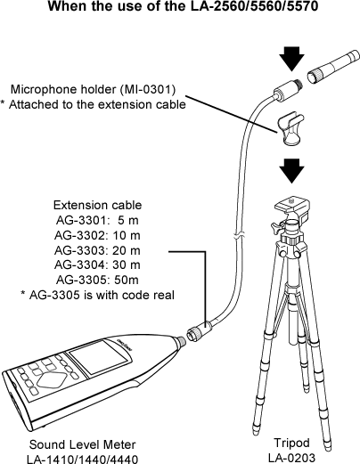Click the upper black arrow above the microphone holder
[292, 59]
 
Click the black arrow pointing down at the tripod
[292, 171]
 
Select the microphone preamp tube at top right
[333, 67]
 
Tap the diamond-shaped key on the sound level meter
[53, 379]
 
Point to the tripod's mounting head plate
[292, 206]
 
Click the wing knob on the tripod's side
[276, 228]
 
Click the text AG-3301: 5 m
[97, 220]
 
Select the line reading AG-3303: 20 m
[97, 250]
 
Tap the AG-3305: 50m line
[97, 280]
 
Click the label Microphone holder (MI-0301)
[93, 89]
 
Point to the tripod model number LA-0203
[291, 458]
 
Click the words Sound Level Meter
[82, 444]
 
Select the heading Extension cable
[97, 205]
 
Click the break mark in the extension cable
[239, 237]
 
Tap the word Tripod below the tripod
[291, 443]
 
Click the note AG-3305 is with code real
[97, 295]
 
